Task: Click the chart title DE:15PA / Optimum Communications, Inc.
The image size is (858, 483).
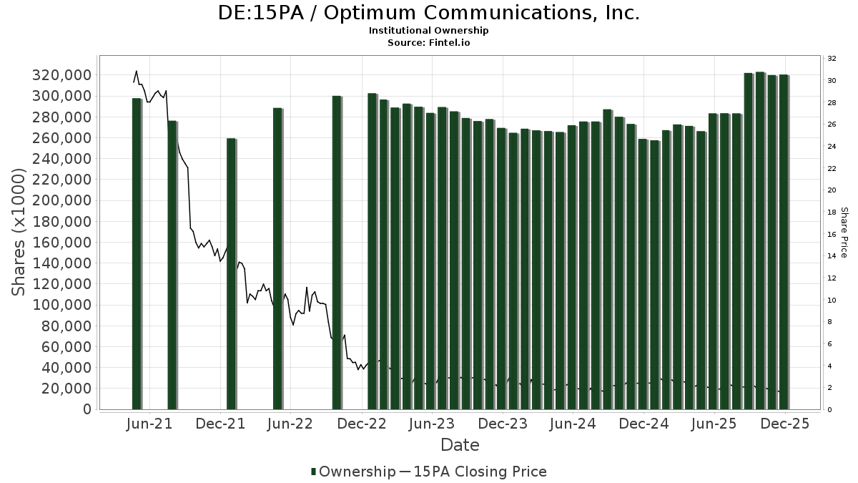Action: coord(428,13)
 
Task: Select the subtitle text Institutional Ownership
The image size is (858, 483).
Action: coord(428,31)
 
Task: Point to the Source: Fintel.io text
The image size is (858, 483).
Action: coord(428,43)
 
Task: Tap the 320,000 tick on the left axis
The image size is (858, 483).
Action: coord(63,75)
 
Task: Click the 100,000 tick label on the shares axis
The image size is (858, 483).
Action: coord(63,305)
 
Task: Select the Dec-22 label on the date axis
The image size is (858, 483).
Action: coord(363,424)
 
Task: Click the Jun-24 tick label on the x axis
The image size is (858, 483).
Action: coord(572,424)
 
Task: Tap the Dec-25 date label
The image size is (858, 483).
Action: coord(785,424)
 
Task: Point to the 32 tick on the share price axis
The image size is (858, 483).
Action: coord(832,59)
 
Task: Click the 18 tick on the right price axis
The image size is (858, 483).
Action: coord(832,213)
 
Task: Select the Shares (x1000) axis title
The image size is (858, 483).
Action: coord(20,233)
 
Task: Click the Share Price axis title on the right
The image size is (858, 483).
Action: coord(844,233)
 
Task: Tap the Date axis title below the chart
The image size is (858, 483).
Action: coord(460,445)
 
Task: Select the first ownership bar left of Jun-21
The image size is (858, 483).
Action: coord(137,254)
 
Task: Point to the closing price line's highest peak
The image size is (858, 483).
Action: coord(137,71)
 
